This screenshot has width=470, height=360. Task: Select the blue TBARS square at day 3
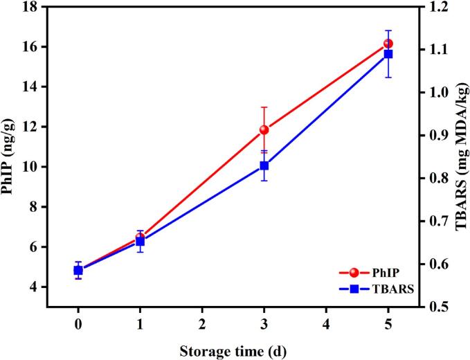pyautogui.click(x=264, y=165)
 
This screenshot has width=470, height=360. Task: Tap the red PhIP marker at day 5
pyautogui.click(x=388, y=44)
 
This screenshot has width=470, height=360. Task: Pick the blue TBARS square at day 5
pyautogui.click(x=388, y=54)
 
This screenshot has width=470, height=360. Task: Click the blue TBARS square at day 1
pyautogui.click(x=140, y=242)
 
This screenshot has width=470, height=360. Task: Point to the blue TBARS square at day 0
pyautogui.click(x=78, y=271)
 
